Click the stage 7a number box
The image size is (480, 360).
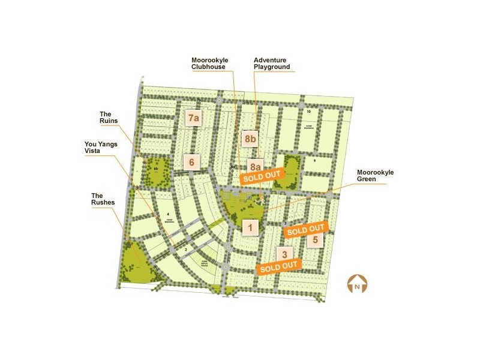(193, 118)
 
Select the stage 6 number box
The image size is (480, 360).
(191, 161)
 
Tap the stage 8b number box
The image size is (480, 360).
(250, 139)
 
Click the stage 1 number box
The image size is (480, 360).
(250, 227)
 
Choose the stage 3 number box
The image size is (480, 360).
(285, 253)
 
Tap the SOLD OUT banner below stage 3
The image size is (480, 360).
(278, 266)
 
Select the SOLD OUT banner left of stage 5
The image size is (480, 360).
(305, 229)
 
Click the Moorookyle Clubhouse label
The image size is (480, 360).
(208, 64)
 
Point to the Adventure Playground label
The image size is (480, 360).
(272, 64)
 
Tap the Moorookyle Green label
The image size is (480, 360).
(375, 175)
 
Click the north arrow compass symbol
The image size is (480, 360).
(357, 284)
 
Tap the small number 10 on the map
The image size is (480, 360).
(308, 112)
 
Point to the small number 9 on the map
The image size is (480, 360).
(314, 160)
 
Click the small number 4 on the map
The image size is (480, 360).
(169, 214)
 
